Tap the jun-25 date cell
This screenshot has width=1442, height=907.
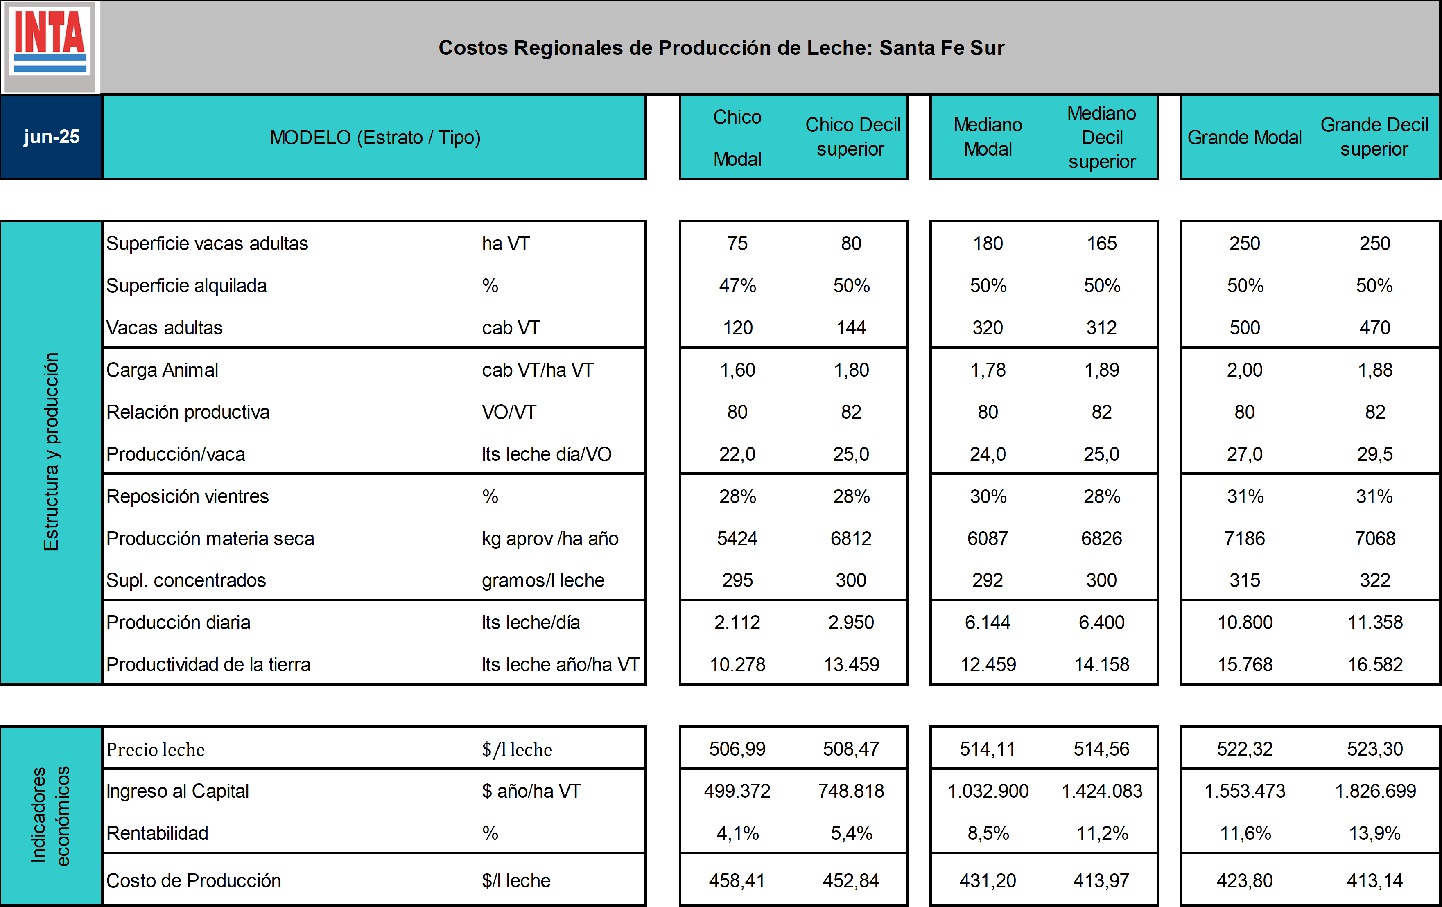click(52, 137)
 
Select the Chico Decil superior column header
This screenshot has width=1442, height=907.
click(852, 137)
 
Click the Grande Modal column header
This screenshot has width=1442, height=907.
click(1244, 138)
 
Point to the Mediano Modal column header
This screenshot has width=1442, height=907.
click(988, 137)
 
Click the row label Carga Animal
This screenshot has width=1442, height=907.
click(162, 370)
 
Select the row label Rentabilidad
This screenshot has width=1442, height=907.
click(158, 833)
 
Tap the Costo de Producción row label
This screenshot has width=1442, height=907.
click(193, 881)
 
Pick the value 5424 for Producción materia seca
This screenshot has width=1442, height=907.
click(737, 538)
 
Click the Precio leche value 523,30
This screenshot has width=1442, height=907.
click(1375, 749)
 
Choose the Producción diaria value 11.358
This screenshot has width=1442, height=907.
click(1375, 623)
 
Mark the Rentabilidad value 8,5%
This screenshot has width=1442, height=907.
click(988, 833)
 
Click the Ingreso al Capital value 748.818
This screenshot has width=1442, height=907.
click(851, 791)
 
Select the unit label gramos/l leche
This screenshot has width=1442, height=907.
click(543, 580)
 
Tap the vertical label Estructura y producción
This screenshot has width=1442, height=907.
click(52, 452)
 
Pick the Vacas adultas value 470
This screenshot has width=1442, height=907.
click(1375, 327)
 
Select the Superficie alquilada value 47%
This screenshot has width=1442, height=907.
click(737, 286)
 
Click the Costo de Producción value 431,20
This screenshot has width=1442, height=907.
click(988, 881)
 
